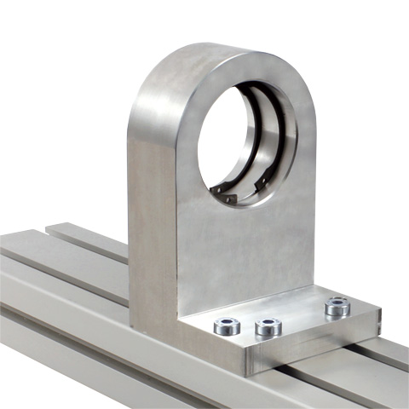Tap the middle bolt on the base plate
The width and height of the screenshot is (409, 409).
268,325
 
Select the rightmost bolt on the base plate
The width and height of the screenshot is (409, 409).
337,305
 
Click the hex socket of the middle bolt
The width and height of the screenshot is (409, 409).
268,325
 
